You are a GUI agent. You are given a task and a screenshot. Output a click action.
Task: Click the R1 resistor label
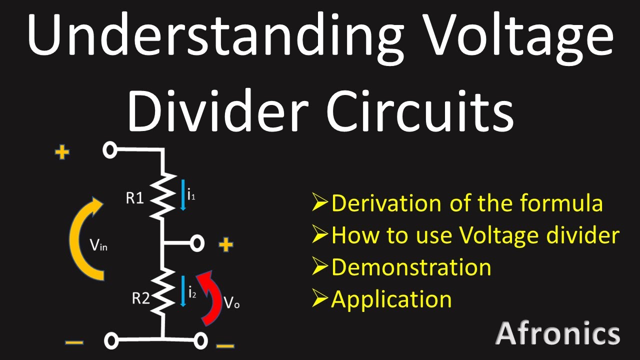[x=134, y=197]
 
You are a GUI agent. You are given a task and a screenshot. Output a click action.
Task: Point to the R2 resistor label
[x=140, y=298]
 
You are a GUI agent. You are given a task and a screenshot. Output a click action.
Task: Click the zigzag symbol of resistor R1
[x=163, y=196]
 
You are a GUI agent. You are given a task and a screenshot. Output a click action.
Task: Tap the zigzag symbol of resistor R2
[x=163, y=292]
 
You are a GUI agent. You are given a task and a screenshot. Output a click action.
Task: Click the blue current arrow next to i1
[x=183, y=195]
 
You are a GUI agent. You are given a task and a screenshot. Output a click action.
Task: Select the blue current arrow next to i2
[x=183, y=291]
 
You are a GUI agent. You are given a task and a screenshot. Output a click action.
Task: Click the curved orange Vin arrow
[x=75, y=238]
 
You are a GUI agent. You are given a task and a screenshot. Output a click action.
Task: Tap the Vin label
[x=98, y=245]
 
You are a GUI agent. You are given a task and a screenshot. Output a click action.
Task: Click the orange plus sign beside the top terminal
[x=62, y=152]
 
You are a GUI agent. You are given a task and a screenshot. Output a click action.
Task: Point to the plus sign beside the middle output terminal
[x=225, y=245]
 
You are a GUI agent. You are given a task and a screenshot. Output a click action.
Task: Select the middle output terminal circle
[x=197, y=243]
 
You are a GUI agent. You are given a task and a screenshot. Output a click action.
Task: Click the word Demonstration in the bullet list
[x=411, y=267]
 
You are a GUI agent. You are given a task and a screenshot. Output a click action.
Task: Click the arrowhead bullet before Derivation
[x=320, y=201]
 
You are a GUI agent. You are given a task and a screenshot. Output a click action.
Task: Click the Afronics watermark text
[x=557, y=333]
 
